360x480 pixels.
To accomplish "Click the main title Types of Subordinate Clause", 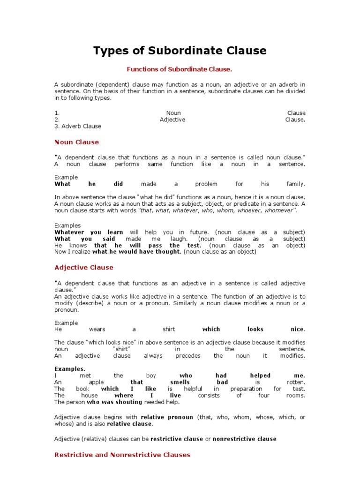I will click(x=180, y=51).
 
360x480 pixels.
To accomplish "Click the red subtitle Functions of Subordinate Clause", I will click(x=180, y=69).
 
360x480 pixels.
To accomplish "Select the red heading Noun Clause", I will click(x=77, y=142).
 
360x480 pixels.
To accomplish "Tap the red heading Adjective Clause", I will click(x=84, y=268).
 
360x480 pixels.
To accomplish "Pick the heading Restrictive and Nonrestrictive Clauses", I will click(x=122, y=455).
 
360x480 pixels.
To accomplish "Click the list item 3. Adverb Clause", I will click(x=78, y=126).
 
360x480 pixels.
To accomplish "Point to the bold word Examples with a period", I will click(x=70, y=369).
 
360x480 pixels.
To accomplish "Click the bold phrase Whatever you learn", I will click(x=89, y=232).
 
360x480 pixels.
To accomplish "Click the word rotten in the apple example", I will click(x=295, y=382).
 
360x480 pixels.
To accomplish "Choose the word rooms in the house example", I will click(x=296, y=395).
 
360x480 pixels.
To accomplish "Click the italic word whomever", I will click(x=280, y=210).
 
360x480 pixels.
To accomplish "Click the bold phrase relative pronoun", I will click(x=167, y=417).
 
